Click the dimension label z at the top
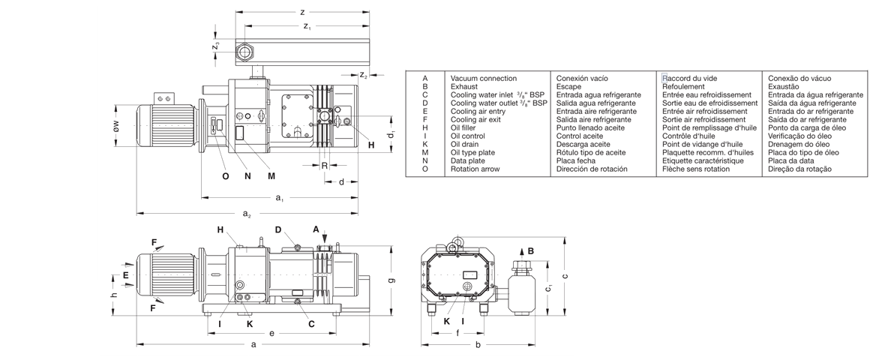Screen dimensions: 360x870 coord(301,12)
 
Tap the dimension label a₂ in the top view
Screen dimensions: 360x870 coord(247,214)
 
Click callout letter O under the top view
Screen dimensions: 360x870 coord(225,176)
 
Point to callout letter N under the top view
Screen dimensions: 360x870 coord(248,176)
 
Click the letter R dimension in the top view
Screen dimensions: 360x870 coord(325,164)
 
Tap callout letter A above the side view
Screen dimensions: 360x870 coord(316,229)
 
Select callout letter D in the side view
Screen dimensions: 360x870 coord(277,229)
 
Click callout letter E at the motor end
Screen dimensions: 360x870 coord(127,276)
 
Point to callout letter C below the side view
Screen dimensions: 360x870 coord(311,324)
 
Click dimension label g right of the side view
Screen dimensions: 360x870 coord(392,280)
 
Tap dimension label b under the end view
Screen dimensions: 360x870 coord(478,345)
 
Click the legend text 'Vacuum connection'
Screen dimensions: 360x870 coord(483,78)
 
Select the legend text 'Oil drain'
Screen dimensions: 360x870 coord(466,144)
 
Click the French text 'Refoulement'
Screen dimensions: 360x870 coord(683,86)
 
